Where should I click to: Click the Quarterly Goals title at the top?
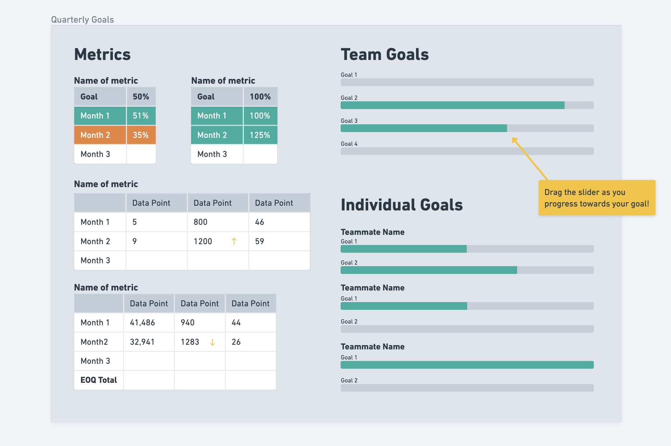click(x=82, y=20)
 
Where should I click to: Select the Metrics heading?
click(x=102, y=55)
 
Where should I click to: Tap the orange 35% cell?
click(x=141, y=135)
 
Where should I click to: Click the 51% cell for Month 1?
click(x=141, y=116)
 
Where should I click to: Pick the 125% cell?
click(x=260, y=135)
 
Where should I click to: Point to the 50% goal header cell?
click(x=141, y=97)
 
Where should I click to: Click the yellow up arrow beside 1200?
click(x=234, y=241)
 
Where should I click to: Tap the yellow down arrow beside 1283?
click(x=213, y=342)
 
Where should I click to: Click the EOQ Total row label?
click(x=99, y=380)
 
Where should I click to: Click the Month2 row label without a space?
click(x=94, y=342)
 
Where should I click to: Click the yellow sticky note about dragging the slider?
click(x=597, y=198)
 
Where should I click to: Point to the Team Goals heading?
click(x=384, y=55)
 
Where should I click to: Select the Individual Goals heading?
click(x=401, y=205)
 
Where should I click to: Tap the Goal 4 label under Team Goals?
click(x=349, y=144)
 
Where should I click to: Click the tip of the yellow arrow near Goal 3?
click(x=513, y=139)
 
